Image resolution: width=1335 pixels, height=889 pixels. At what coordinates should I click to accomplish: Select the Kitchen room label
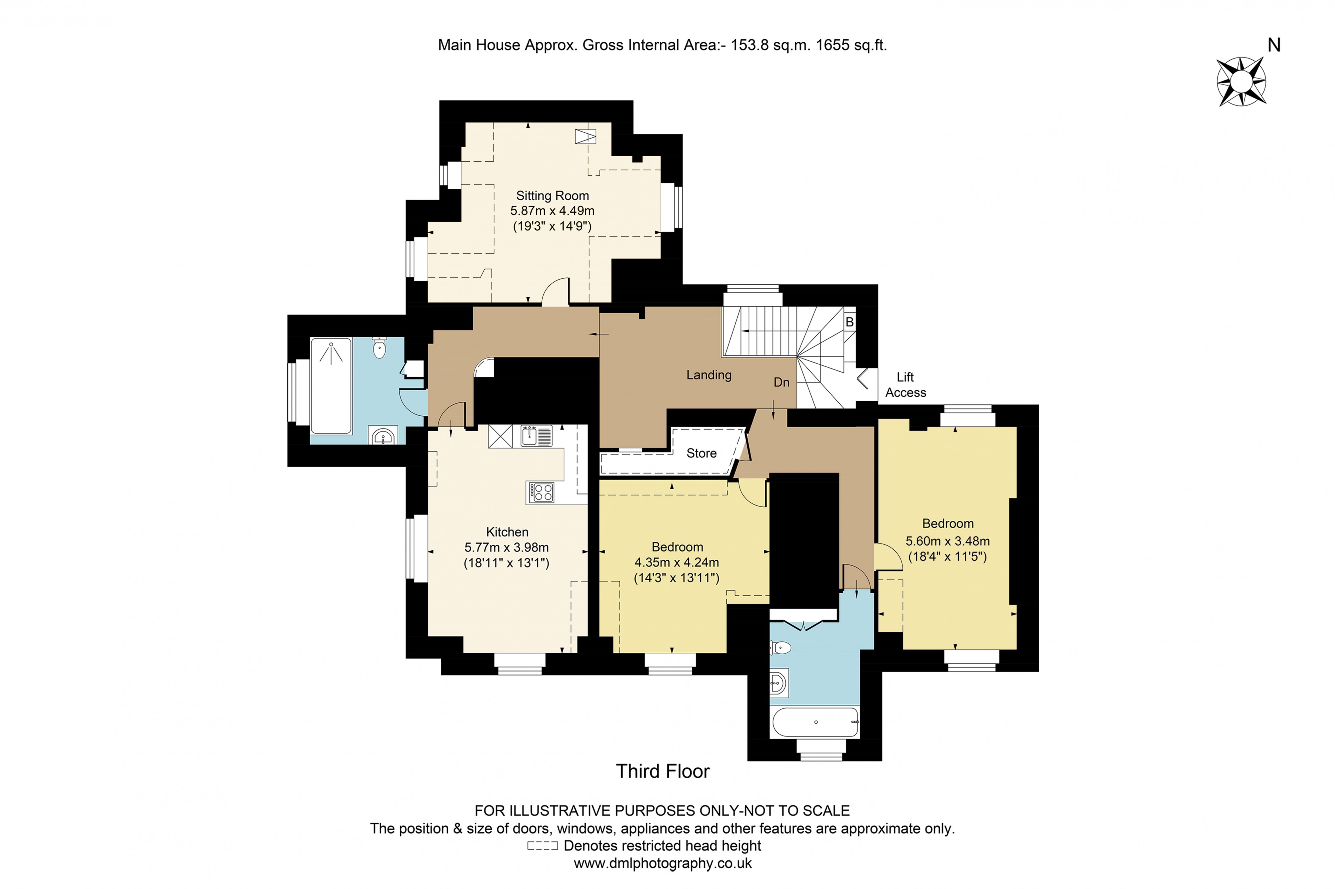point(507,532)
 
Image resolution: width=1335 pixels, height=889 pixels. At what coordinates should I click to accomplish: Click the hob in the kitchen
point(540,492)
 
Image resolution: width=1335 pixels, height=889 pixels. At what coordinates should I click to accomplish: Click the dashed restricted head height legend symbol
point(542,846)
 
